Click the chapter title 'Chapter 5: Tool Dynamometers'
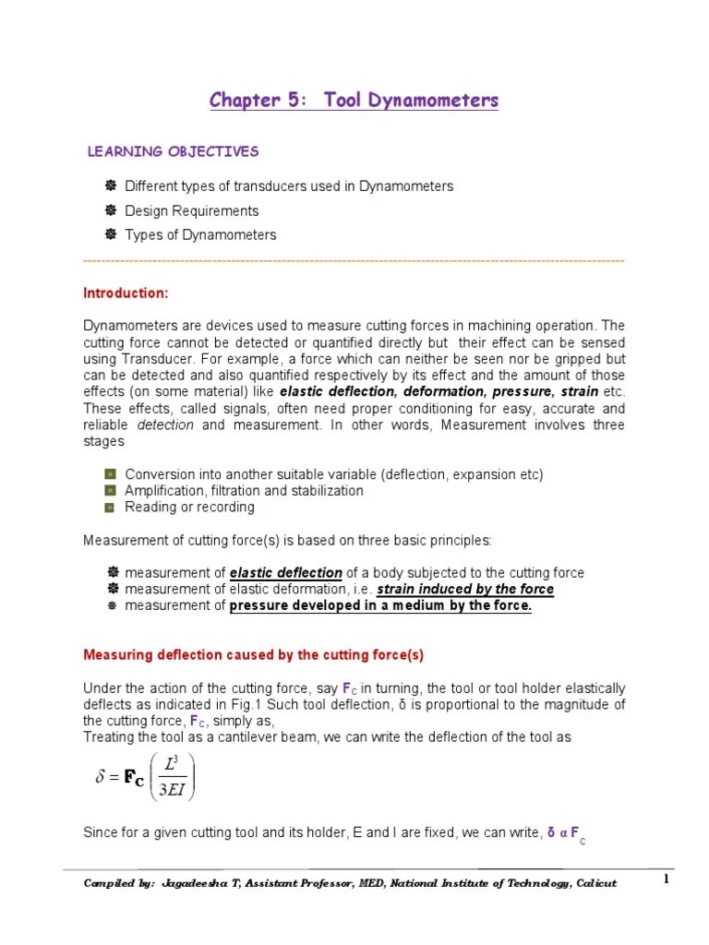[354, 100]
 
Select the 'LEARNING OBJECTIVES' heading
[173, 151]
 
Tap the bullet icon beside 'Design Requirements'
[111, 210]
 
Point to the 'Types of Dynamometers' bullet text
[200, 234]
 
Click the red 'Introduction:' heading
[126, 293]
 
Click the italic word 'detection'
[165, 425]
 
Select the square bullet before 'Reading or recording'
[110, 508]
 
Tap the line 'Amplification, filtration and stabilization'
[244, 491]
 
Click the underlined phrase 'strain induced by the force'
[465, 590]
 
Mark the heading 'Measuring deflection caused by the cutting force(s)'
[253, 655]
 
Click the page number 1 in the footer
[665, 880]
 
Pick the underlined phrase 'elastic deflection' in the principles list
[286, 573]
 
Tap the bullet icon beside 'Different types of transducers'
[111, 186]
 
